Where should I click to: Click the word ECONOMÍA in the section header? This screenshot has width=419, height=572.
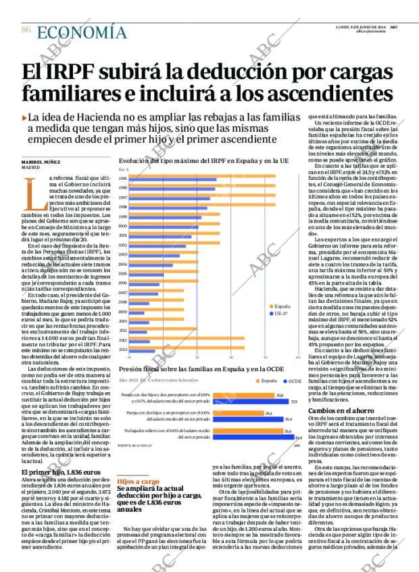pyautogui.click(x=82, y=32)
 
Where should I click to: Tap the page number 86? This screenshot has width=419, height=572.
pyautogui.click(x=26, y=30)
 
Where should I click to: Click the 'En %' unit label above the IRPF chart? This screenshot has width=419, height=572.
pyautogui.click(x=124, y=169)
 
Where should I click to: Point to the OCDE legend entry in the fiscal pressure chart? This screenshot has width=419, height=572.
pyautogui.click(x=291, y=381)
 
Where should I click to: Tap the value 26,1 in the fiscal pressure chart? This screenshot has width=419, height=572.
pyautogui.click(x=268, y=413)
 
